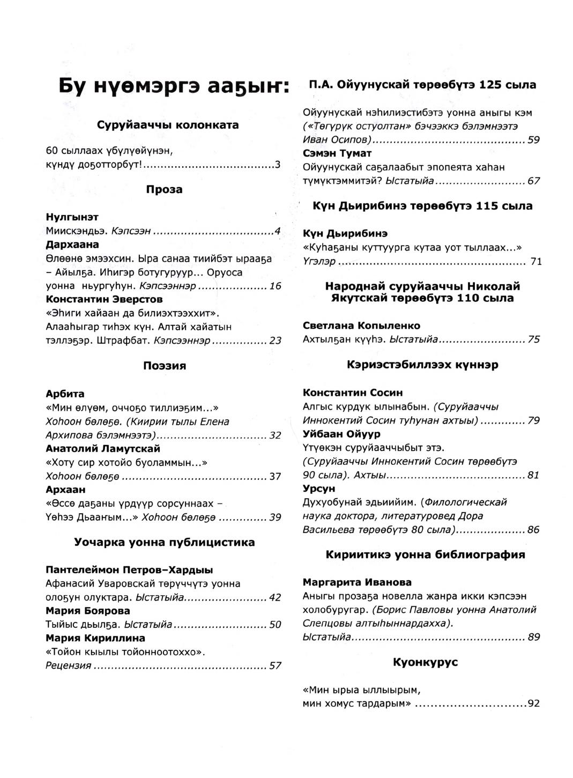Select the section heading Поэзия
click(164, 366)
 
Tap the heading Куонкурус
click(425, 662)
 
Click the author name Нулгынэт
click(72, 217)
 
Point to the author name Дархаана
click(72, 244)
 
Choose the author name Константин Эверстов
click(104, 299)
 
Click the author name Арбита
click(65, 394)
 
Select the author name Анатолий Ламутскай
click(103, 448)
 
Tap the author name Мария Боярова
click(88, 611)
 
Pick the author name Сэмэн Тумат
click(337, 154)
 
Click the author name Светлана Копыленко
click(361, 325)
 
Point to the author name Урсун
click(319, 488)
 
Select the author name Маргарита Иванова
click(357, 582)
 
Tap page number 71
click(536, 262)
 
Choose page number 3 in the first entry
click(278, 165)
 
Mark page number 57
click(275, 666)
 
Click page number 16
click(275, 286)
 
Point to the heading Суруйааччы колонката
click(168, 125)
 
